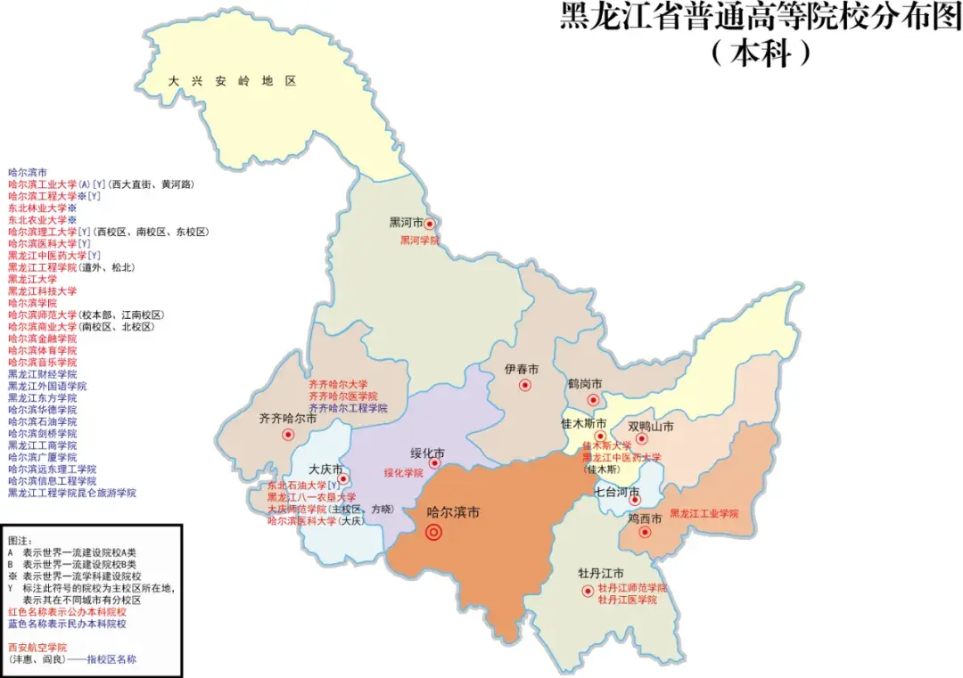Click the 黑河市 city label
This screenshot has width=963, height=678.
[x=406, y=223]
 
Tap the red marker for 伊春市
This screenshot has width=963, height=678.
[x=525, y=386]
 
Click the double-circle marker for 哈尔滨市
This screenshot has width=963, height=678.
[x=434, y=533]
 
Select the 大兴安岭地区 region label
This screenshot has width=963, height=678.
[x=233, y=81]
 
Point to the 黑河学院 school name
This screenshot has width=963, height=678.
[x=419, y=241]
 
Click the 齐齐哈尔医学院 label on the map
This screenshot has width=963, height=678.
[x=343, y=396]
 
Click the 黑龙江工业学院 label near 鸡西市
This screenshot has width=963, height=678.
[x=704, y=514]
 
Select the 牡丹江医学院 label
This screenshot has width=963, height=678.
[x=627, y=600]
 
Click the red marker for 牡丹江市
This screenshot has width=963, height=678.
[x=588, y=591]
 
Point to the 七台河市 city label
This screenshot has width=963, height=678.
[x=617, y=492]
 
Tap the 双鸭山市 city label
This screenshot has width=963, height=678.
[x=650, y=426]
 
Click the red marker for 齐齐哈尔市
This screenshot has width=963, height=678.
[x=288, y=435]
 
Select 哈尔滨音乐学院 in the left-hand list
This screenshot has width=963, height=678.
[x=42, y=363]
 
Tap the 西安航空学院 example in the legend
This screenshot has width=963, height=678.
[x=37, y=648]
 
